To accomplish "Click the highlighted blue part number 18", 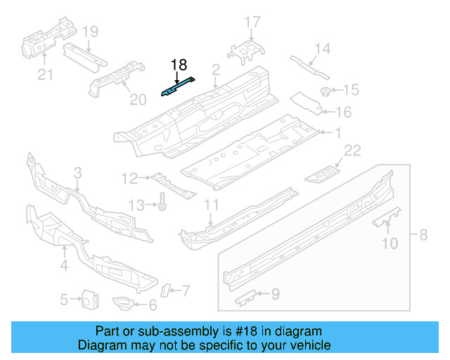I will click(179, 89).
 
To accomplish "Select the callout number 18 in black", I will click(179, 65).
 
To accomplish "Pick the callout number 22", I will click(352, 150).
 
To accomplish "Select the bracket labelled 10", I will click(386, 217).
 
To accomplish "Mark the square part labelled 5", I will click(89, 299).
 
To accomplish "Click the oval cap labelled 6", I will click(125, 304).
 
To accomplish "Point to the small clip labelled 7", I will click(167, 289).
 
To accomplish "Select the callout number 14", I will click(322, 49).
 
